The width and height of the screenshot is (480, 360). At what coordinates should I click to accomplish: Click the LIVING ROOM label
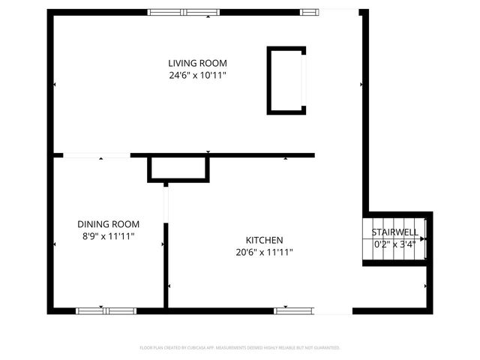[x=197, y=63]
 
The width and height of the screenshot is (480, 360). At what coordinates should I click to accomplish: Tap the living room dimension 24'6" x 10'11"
[x=197, y=75]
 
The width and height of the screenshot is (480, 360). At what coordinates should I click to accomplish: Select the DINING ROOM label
[x=108, y=224]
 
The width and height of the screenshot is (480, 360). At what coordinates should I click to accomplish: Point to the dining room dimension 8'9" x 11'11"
[x=108, y=236]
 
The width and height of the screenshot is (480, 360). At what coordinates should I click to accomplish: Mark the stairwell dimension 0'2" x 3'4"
[x=394, y=244]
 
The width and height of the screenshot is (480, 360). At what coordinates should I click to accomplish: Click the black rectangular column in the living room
[x=286, y=80]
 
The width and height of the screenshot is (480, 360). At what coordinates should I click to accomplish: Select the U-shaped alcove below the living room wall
[x=178, y=169]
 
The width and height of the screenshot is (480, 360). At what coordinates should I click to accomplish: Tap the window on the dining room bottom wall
[x=106, y=310]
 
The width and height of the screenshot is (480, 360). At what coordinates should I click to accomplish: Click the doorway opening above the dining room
[x=97, y=156]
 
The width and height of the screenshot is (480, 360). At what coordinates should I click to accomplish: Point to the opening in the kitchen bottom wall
[x=331, y=310]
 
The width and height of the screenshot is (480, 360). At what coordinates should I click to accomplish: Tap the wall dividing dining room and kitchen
[x=166, y=262]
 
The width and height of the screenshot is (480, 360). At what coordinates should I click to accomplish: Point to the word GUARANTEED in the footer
[x=325, y=348]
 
